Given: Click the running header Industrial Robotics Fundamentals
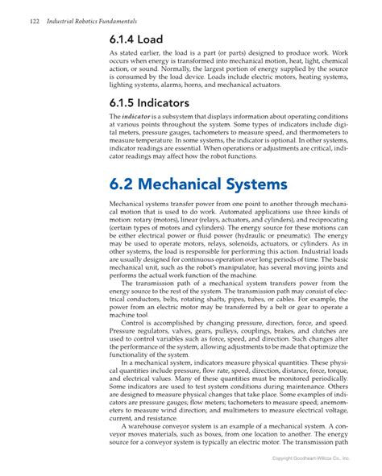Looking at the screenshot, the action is point(89,18).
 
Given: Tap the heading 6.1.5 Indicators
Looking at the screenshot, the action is point(150,102).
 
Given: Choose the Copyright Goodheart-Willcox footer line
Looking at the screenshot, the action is point(311,457).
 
